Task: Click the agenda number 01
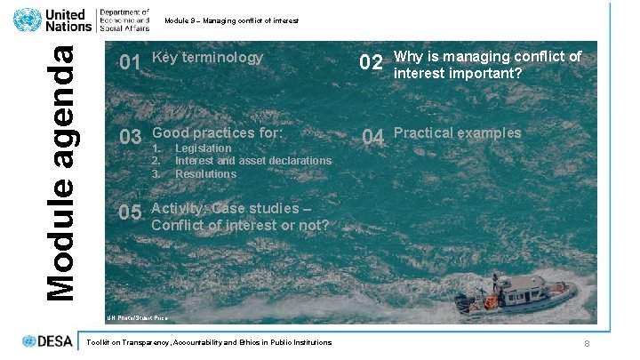[130, 62]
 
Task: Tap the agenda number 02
[371, 63]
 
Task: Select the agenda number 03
[131, 137]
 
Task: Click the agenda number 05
[131, 213]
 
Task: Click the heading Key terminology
[208, 58]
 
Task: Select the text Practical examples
[457, 133]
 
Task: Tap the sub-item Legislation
[203, 148]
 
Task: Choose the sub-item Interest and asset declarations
[252, 161]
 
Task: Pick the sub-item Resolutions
[205, 173]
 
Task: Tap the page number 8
[587, 344]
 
